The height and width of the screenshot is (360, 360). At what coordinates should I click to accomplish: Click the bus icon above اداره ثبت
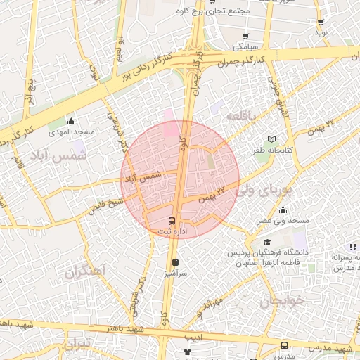173,220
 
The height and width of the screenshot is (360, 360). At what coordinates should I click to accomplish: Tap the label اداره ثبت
174,231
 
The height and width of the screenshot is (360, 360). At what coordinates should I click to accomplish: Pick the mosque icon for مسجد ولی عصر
283,210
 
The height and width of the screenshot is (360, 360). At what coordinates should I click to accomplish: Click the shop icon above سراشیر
174,263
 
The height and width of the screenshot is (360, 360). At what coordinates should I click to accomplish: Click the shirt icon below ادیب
187,351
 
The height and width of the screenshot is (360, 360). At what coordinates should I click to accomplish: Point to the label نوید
321,32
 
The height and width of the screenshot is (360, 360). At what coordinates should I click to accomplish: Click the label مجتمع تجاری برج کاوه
221,11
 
